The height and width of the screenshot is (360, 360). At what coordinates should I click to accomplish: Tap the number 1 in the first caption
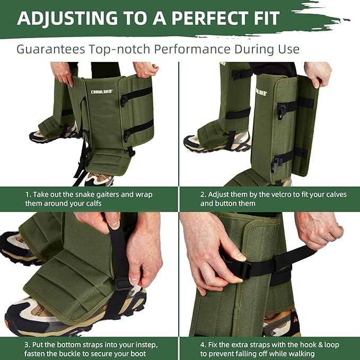(28, 195)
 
